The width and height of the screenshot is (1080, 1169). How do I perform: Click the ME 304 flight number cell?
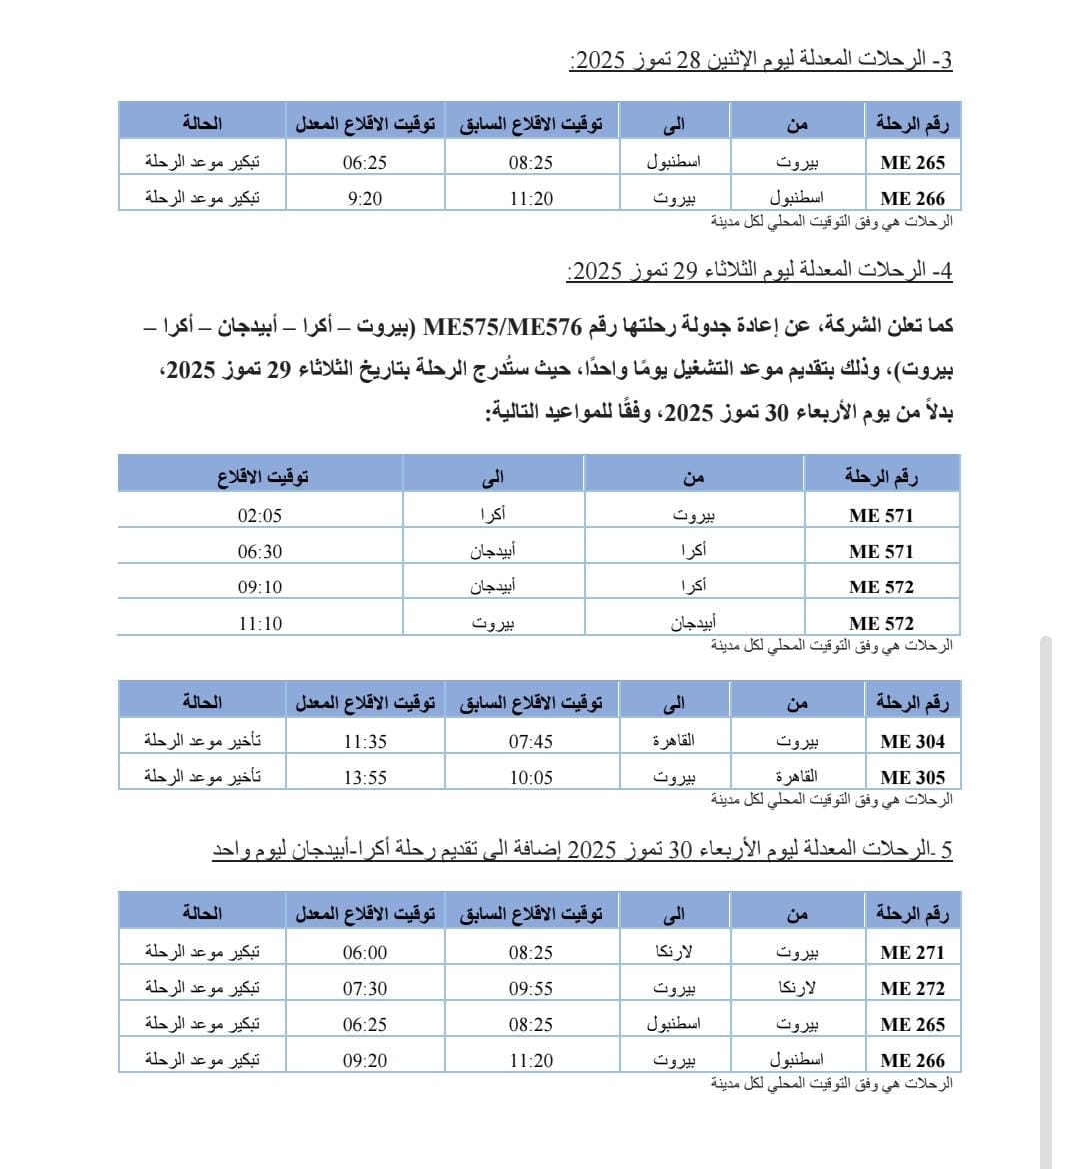pos(912,742)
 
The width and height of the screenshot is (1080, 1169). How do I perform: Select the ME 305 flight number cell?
pos(912,777)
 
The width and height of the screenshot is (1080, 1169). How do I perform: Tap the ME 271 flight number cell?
pos(912,953)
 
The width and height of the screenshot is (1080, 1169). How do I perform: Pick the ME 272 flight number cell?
pos(912,989)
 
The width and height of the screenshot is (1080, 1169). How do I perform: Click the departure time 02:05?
pos(260,516)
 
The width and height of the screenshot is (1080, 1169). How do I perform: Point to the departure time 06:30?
pos(260,552)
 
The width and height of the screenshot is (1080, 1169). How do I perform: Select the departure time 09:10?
pos(260,587)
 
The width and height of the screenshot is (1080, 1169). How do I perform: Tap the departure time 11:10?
pos(260,624)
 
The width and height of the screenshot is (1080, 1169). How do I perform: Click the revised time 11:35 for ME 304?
pos(365,742)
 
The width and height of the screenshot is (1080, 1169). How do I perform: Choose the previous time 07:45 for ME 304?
pos(530,742)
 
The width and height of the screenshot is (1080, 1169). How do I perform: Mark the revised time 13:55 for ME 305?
pos(365,777)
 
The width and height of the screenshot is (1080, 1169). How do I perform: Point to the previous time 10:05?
pos(530,777)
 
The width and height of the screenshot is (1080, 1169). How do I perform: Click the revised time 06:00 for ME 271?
pos(365,953)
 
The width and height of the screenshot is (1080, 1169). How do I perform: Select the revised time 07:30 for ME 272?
pos(365,989)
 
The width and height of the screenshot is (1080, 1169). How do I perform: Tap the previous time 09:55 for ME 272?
pos(530,989)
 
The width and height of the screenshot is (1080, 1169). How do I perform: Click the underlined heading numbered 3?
pos(760,60)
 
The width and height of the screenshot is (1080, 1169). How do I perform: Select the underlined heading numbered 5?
pos(582,850)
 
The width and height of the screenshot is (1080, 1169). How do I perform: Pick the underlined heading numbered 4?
pos(760,271)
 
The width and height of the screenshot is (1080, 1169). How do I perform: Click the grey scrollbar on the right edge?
pos(1046,899)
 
